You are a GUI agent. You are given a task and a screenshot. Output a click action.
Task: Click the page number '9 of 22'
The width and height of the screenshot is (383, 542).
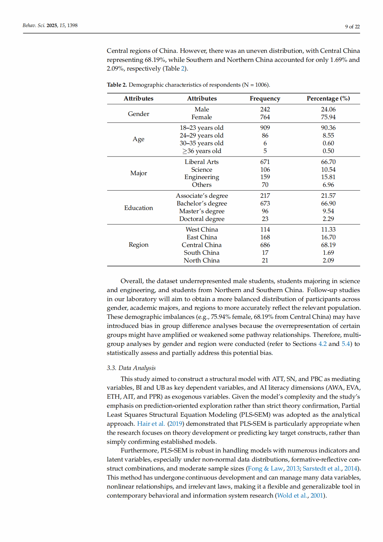[352, 27]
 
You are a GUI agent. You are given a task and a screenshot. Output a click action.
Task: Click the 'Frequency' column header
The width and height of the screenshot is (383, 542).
[265, 99]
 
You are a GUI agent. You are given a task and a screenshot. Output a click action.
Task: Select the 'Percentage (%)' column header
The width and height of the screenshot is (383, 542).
[328, 99]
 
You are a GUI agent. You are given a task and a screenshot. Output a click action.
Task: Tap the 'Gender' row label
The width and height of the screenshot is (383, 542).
[138, 114]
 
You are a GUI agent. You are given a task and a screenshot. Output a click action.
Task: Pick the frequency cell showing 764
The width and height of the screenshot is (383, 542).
[265, 117]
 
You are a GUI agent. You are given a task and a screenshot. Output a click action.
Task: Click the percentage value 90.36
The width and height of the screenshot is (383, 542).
[328, 128]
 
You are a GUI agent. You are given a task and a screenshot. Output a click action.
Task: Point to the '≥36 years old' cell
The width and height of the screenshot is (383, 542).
[202, 151]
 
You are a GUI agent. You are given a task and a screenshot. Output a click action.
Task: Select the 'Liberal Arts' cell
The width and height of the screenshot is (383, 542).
[202, 162]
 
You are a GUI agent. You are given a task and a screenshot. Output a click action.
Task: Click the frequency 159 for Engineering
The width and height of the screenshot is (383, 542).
[265, 177]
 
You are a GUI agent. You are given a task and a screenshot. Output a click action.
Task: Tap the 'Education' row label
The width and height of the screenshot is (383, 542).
[138, 208]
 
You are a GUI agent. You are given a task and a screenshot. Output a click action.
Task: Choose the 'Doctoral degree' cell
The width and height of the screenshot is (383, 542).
[202, 219]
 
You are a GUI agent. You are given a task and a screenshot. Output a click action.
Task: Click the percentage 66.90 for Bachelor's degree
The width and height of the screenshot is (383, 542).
[328, 204]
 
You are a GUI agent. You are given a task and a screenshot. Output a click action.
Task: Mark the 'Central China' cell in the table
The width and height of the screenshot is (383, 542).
[202, 245]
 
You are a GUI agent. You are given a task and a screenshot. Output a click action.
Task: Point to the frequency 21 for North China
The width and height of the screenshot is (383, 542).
[265, 261]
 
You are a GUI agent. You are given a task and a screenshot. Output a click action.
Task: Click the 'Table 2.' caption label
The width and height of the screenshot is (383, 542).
[117, 85]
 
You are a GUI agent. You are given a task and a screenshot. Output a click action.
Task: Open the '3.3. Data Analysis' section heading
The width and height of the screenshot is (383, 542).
[131, 368]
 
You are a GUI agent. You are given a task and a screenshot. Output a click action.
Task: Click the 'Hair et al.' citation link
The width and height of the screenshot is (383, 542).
[151, 424]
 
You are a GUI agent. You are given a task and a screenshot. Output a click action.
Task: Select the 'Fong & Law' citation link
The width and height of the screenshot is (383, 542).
[266, 469]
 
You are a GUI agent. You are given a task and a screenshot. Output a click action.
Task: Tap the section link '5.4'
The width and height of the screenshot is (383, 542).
[346, 344]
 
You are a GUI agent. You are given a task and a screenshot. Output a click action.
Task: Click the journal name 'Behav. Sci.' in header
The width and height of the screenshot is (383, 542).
[34, 25]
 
